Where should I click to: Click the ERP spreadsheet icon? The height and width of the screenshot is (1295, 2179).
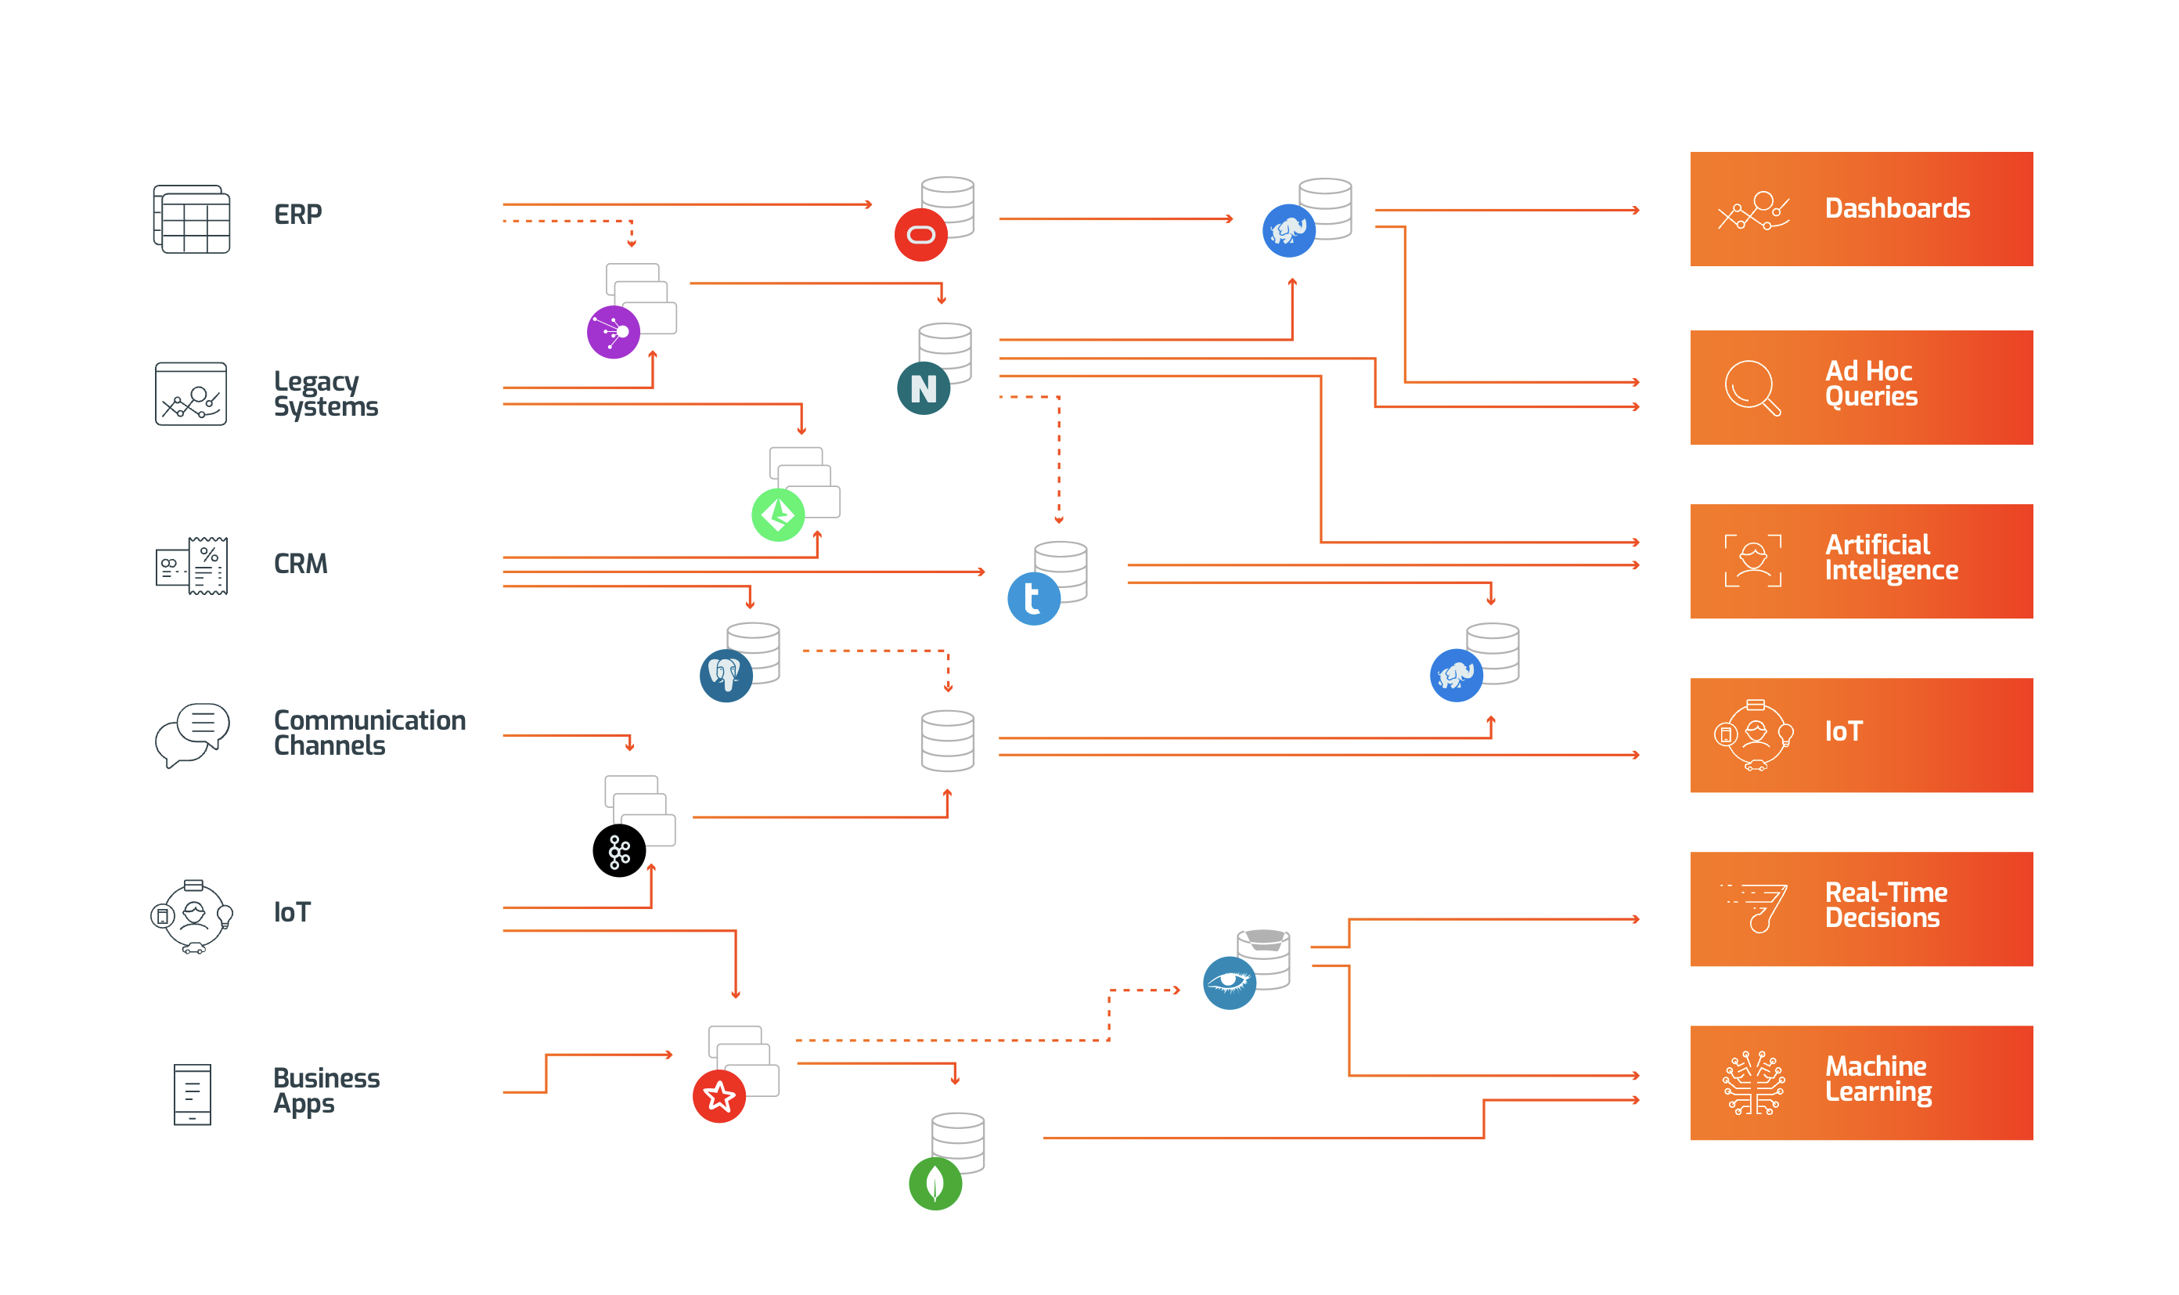(x=192, y=219)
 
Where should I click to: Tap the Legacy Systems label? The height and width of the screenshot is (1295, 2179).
(x=326, y=394)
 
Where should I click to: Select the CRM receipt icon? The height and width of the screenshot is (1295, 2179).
(x=192, y=565)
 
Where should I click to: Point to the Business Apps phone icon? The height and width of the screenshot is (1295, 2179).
(x=192, y=1095)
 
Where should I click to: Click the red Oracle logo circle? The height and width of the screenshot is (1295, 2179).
(x=920, y=235)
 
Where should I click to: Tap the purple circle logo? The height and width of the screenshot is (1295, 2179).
(x=613, y=332)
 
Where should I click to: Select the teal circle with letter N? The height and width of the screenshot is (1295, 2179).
(x=923, y=388)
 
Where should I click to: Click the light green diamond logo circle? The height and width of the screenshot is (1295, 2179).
(x=777, y=515)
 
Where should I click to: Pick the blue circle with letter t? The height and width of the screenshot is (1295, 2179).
(x=1033, y=599)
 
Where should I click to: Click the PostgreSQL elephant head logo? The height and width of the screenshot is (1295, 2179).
(x=726, y=676)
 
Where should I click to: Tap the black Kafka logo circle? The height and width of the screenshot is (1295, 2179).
(x=618, y=851)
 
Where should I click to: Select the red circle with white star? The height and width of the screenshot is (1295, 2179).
(x=719, y=1096)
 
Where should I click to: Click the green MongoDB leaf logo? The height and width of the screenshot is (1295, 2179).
(x=935, y=1183)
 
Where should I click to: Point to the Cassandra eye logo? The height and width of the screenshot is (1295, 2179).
(x=1229, y=983)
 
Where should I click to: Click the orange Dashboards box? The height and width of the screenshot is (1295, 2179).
(x=1860, y=209)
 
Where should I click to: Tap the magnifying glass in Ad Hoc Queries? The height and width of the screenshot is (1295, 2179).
(x=1751, y=388)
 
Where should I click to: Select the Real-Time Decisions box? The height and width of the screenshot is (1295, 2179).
(x=1860, y=908)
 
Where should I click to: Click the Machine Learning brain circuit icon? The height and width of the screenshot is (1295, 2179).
(x=1752, y=1082)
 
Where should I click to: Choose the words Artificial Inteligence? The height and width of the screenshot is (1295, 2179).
(x=1890, y=557)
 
